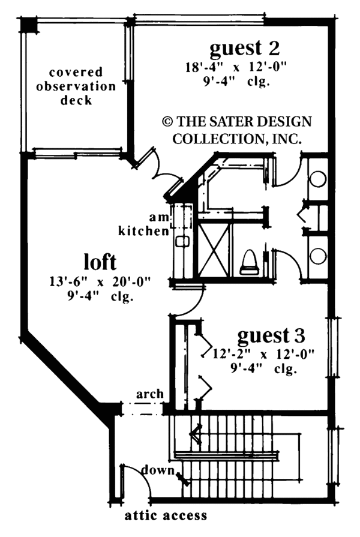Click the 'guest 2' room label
pos(245,49)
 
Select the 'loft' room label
pos(100,262)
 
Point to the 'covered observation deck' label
pos(76,86)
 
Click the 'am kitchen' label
pos(144,224)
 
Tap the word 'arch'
pos(149,394)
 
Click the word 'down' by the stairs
pos(158,470)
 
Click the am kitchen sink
pos(182,242)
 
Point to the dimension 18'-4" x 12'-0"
pos(236,67)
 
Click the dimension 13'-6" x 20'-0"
pos(100,282)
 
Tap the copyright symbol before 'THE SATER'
pos(167,122)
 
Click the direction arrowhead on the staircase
pos(195,435)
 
